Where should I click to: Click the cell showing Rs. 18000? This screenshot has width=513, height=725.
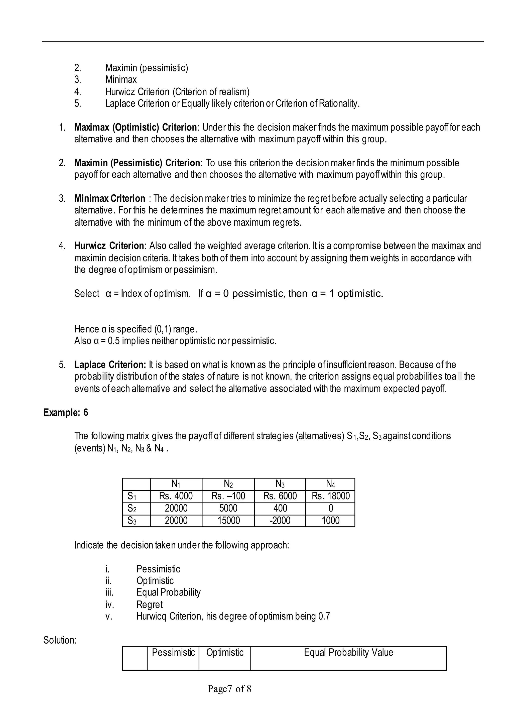330,496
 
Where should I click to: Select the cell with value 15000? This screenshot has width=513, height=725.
228,520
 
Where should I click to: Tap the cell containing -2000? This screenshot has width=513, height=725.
280,520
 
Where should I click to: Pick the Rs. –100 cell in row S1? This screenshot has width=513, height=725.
228,496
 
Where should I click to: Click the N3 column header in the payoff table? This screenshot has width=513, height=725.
280,484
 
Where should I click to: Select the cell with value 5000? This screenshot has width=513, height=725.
228,508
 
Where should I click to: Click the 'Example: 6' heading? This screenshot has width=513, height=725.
66,413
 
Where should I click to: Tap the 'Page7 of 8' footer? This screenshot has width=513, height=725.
229,688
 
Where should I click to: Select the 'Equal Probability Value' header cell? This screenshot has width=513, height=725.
348,652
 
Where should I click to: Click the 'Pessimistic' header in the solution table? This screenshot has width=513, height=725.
173,652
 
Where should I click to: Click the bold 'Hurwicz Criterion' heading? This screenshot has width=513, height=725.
109,246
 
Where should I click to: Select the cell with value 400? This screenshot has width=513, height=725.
280,508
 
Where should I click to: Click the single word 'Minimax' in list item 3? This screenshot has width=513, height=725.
121,79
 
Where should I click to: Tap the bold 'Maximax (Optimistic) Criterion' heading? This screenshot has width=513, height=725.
136,127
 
